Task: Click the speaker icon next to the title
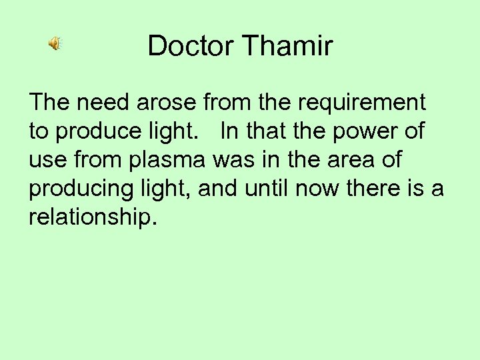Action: click(x=54, y=44)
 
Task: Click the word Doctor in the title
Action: click(x=191, y=46)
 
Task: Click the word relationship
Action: click(x=91, y=218)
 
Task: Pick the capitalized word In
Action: click(x=228, y=131)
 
